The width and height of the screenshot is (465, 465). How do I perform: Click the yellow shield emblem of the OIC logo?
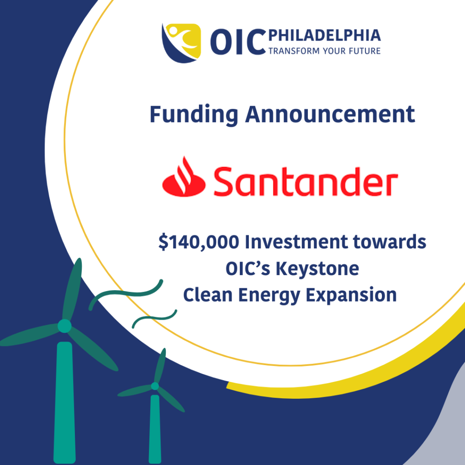point(182,43)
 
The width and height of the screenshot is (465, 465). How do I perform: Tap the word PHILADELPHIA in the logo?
point(324,35)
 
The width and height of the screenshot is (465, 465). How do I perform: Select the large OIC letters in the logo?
point(238,42)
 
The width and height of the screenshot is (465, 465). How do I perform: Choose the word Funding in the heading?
point(193,115)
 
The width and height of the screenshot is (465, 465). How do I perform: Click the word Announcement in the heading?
point(330,114)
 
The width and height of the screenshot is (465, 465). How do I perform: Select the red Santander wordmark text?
point(306,181)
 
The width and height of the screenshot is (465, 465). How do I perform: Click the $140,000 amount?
point(199,242)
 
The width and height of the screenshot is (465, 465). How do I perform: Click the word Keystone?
point(317,269)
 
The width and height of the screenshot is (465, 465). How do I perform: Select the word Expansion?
point(351,296)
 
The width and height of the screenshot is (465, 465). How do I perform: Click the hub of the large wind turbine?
point(64,326)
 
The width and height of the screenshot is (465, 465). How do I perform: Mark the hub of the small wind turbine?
point(155,386)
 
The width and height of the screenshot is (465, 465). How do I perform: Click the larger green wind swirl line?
point(126,295)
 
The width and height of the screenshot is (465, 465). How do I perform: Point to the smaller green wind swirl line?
point(154,318)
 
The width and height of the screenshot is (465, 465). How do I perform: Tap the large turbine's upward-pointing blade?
point(72,289)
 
